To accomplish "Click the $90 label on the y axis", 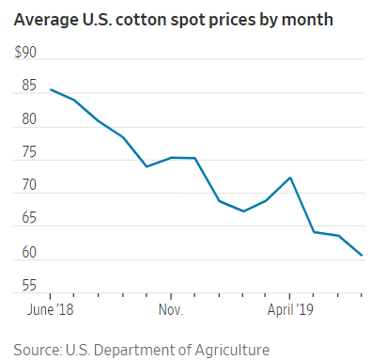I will (x=25, y=54).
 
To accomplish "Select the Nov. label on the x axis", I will (x=170, y=307).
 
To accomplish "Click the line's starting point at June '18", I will (x=51, y=89).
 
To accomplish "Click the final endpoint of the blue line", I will (x=363, y=255).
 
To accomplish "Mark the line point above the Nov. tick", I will (x=170, y=157).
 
